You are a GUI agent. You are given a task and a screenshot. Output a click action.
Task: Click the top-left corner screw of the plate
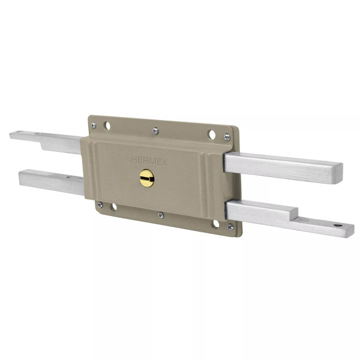(94, 125)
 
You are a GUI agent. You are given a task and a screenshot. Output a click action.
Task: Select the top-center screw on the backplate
(155, 130)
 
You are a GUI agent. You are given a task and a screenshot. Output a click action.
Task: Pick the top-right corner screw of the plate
(227, 137)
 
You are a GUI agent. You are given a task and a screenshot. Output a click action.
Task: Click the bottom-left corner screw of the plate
(100, 205)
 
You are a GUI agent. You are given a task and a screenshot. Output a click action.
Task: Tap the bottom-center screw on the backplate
(160, 214)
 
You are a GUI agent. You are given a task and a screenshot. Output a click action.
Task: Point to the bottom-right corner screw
(230, 226)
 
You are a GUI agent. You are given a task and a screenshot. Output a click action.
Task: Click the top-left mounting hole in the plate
(107, 126)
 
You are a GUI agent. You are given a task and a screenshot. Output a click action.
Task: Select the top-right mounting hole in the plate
(212, 134)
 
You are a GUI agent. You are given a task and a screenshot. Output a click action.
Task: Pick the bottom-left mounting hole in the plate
(113, 207)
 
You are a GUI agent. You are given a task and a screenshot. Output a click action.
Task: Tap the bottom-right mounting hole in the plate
(215, 224)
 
